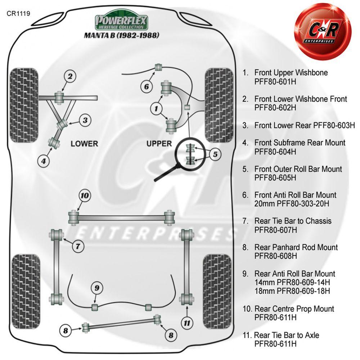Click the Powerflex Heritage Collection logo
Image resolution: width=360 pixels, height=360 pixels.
pos(121,20)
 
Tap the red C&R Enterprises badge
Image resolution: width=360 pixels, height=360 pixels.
pos(323,31)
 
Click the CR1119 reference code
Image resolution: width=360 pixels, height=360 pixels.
pos(18,14)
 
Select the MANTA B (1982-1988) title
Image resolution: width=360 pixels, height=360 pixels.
pos(121,35)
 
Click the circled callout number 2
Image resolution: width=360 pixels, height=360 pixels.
pos(70,76)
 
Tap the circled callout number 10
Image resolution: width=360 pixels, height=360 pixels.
pos(85,195)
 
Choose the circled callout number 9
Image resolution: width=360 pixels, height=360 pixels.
pos(97,288)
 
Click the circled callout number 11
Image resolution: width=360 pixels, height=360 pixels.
pos(187,323)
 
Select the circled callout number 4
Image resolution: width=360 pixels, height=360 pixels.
pos(44,161)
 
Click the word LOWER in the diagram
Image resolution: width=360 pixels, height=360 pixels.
pos(84,144)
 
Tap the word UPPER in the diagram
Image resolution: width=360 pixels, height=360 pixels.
pos(159,144)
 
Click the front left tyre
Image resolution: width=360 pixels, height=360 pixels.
pos(24,105)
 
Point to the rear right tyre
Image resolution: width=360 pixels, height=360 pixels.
pos(217,291)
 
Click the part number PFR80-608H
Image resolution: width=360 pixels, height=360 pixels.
pos(275,256)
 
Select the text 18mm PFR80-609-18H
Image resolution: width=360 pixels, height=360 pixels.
pos(292,291)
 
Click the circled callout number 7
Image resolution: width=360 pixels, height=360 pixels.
pos(78,246)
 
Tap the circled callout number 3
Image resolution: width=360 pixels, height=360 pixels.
pos(85,120)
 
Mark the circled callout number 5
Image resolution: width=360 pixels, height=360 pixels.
pos(215,154)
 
